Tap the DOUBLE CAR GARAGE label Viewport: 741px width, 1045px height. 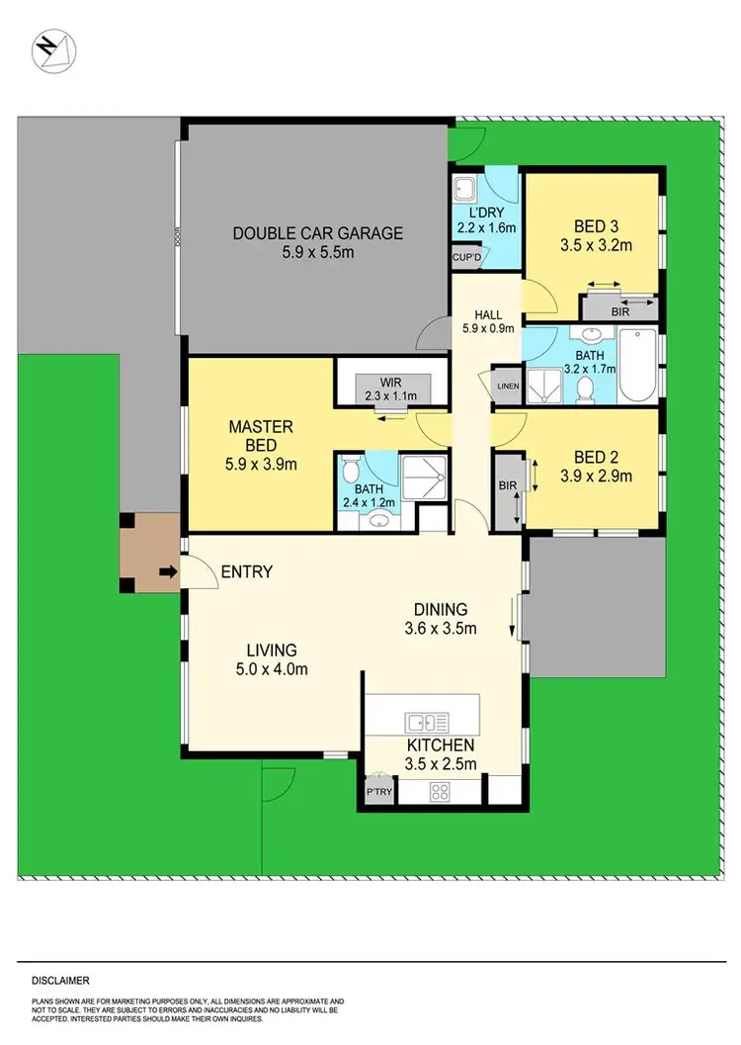point(317,233)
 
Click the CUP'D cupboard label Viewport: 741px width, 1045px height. point(466,258)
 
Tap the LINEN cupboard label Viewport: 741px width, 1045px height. point(508,386)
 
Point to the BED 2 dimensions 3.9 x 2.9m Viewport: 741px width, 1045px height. point(596,476)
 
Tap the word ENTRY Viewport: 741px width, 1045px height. point(247,571)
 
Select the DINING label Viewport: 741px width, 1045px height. point(441,610)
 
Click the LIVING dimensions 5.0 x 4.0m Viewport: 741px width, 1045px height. point(272,668)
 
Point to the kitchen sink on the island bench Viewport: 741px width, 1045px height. point(420,720)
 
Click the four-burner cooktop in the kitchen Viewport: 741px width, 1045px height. point(439,791)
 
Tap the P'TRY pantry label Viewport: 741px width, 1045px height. point(377,793)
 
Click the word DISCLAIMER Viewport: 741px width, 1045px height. point(60,981)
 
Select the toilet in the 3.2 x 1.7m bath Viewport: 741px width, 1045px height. point(585,388)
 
